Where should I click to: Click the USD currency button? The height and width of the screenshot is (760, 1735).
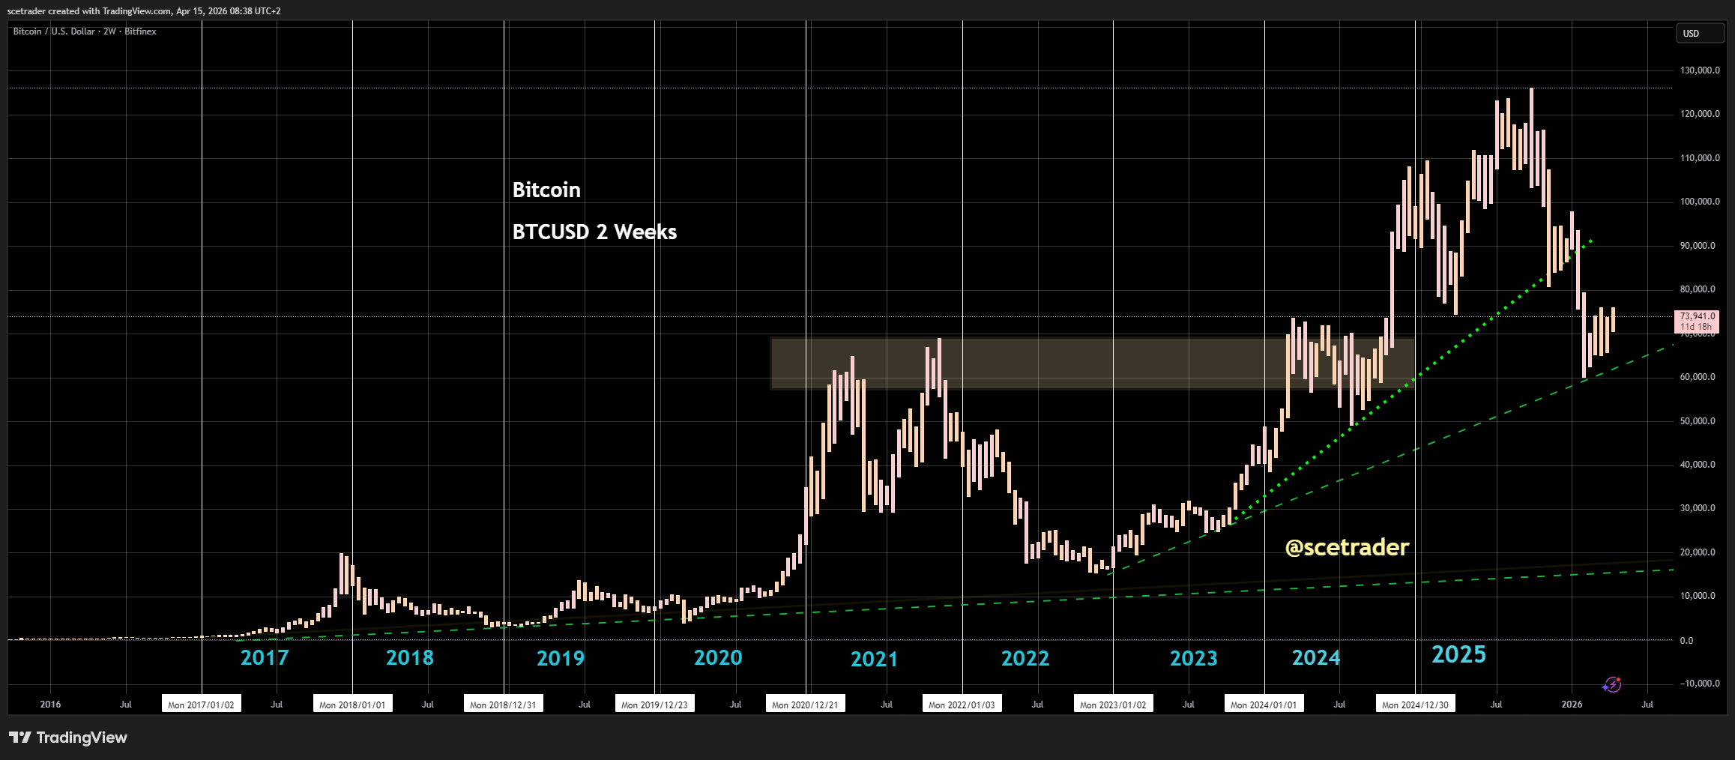(1699, 34)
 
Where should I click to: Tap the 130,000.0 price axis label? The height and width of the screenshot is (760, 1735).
(1699, 70)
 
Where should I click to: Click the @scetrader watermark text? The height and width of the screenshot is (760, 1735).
(1347, 548)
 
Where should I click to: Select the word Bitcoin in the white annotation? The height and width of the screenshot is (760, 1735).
(546, 190)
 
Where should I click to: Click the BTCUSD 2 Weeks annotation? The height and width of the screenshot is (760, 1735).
(594, 232)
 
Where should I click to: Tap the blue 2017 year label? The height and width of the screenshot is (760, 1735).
(265, 658)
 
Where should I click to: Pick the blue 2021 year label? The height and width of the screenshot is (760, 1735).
(874, 660)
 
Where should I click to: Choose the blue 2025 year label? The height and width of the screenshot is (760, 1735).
(1458, 655)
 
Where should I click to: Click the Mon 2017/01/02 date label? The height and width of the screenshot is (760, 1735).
(201, 705)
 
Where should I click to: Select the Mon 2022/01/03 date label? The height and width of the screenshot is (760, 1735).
(962, 705)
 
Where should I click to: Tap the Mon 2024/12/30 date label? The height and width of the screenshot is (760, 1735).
(1415, 705)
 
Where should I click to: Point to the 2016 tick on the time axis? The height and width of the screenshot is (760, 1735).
(50, 705)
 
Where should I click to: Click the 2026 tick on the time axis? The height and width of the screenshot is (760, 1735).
(1572, 705)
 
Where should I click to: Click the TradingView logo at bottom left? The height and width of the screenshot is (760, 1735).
(68, 738)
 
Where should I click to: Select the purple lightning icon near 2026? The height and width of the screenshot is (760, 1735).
(1611, 685)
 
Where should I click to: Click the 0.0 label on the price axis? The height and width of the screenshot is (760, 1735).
(1686, 641)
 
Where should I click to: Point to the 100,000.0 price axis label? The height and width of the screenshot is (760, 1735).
(1699, 202)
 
